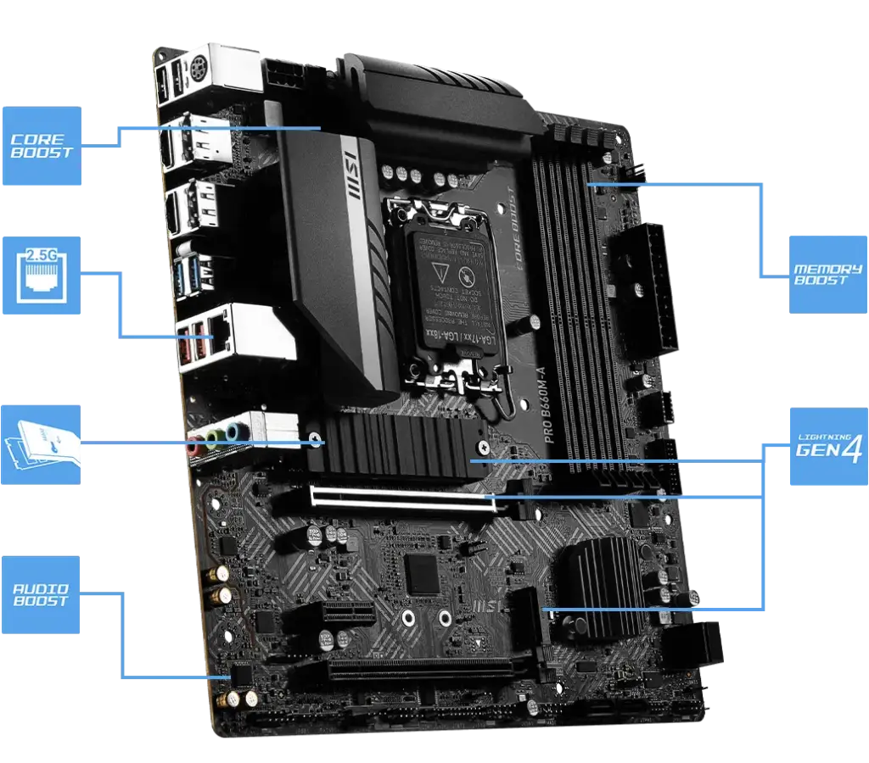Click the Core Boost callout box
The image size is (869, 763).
41,146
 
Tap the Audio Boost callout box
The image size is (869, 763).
41,595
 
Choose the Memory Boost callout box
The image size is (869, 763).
827,274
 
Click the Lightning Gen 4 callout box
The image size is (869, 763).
827,447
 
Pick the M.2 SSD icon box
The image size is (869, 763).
41,443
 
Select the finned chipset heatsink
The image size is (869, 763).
599,585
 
